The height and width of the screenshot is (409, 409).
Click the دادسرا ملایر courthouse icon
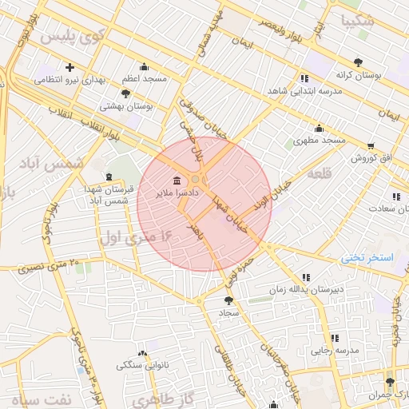coord(176,179)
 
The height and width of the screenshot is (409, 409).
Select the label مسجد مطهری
coord(324,140)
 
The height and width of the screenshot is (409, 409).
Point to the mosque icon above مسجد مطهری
coord(320,128)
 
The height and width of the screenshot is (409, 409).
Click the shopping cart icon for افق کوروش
coord(371,145)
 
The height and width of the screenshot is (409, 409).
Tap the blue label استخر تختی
coord(362,257)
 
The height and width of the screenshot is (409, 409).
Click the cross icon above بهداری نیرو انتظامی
coord(70,67)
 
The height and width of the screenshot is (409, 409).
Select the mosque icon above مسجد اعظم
coord(144,66)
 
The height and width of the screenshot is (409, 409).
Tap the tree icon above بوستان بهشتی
coord(125,93)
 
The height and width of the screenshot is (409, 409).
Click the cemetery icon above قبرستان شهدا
coord(109,177)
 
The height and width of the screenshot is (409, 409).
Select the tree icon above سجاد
coord(230,300)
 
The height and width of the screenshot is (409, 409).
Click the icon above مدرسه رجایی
coord(335,337)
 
